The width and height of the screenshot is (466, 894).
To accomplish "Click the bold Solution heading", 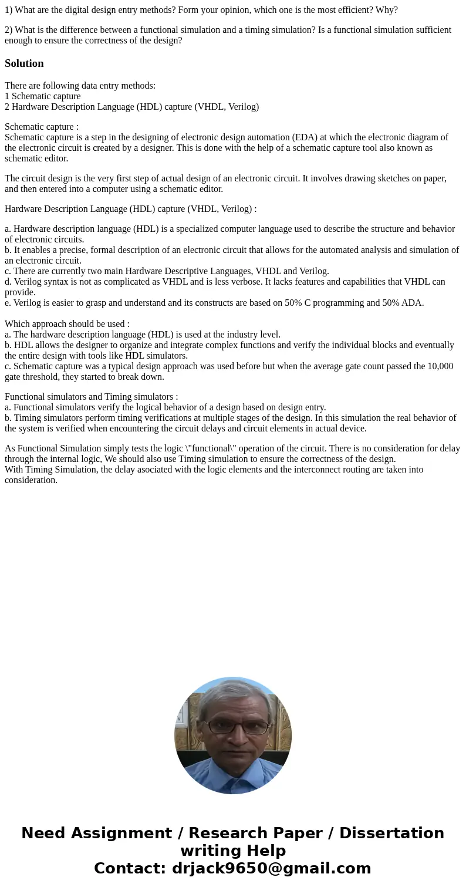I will click(x=24, y=63).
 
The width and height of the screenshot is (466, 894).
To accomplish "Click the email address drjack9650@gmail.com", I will click(x=271, y=868).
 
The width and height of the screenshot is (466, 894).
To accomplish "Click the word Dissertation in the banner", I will click(x=391, y=833).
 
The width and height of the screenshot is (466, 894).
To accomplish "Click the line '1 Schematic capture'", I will click(x=43, y=96).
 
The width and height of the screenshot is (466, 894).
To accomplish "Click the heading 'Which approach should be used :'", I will click(x=67, y=324).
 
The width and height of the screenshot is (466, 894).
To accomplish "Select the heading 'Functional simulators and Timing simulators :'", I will click(x=91, y=397).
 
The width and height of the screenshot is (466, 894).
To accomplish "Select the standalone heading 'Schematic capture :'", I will click(x=42, y=127).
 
